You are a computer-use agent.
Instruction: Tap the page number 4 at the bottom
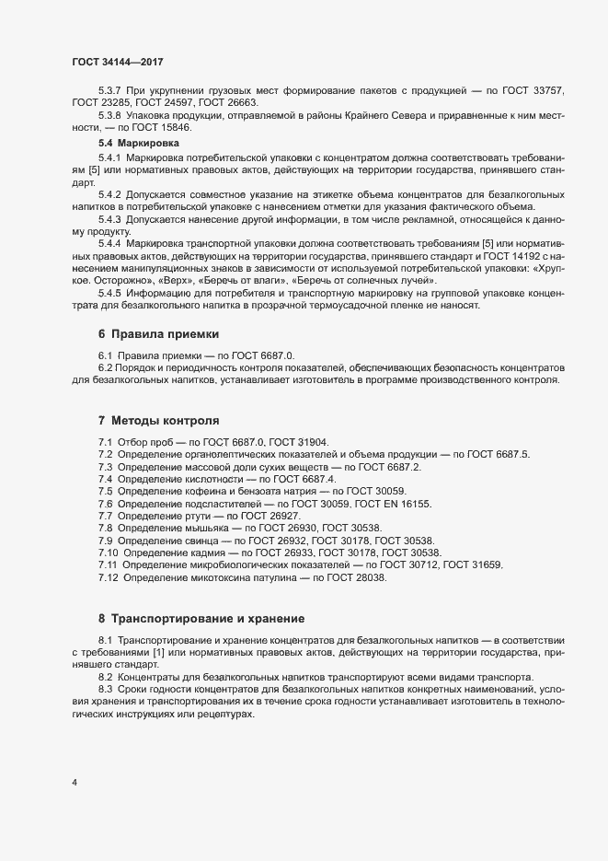tap(74, 783)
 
